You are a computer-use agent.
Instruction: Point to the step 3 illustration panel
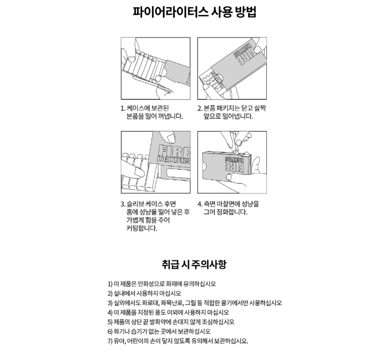(156, 161)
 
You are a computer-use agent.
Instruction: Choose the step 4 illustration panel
(232, 161)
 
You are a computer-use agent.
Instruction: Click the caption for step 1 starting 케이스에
(152, 112)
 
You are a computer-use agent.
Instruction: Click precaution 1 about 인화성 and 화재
(162, 284)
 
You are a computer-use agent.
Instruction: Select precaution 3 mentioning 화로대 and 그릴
(194, 303)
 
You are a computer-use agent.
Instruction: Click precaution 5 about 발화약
(171, 322)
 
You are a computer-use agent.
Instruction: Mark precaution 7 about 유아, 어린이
(178, 341)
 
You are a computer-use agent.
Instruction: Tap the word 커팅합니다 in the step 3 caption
(142, 228)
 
